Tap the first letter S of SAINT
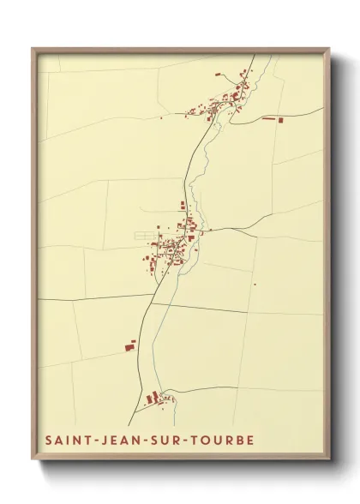coord(48,440)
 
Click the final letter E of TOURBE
coord(250,440)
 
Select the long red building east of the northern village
coord(273,118)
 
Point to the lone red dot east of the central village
coord(255,284)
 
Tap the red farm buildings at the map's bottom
coord(154,397)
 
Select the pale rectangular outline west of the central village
coord(144,234)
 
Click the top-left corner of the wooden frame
coord(33,48)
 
